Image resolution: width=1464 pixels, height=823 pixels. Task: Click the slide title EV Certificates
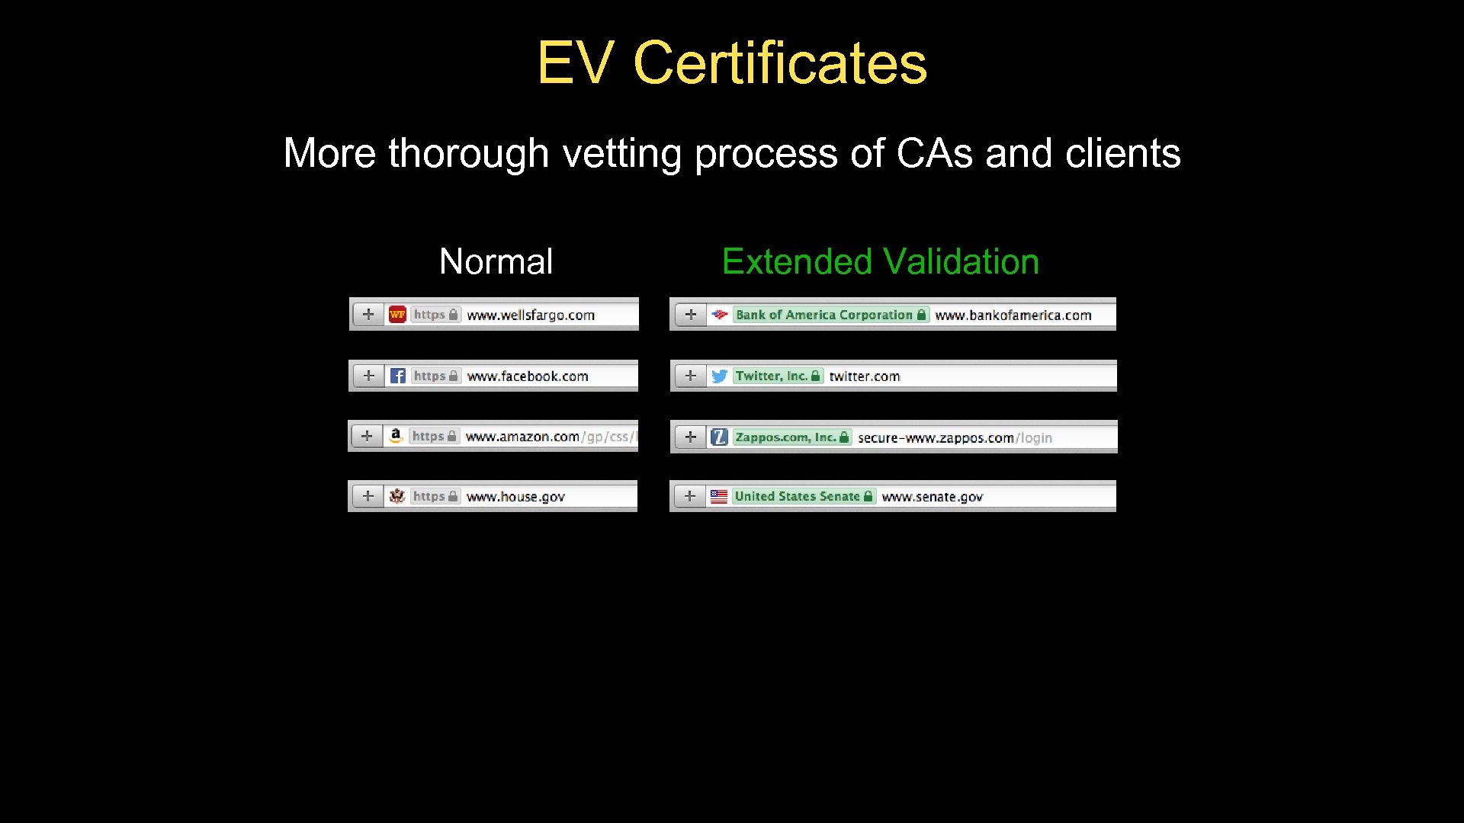point(732,62)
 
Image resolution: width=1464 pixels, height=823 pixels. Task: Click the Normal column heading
point(496,261)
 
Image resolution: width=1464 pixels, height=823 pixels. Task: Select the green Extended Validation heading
point(880,261)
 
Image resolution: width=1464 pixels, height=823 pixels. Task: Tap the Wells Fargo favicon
point(397,315)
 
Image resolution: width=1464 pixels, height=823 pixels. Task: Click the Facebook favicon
point(397,376)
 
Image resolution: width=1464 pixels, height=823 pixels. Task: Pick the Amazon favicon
point(395,436)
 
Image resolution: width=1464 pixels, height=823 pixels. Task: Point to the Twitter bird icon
point(719,376)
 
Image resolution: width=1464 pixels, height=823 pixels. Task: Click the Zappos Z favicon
point(719,437)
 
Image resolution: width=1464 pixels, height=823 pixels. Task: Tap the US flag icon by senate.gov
point(718,497)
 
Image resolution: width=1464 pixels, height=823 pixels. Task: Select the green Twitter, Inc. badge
point(777,376)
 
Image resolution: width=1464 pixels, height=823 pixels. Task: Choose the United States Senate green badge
point(803,496)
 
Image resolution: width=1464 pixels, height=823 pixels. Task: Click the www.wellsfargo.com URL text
point(531,315)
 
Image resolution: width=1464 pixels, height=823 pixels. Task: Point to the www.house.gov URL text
point(515,497)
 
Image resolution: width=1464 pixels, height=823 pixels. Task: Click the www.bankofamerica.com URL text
point(1013,315)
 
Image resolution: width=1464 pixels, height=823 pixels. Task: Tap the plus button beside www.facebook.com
point(369,376)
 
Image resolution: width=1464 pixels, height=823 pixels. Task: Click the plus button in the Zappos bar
point(691,437)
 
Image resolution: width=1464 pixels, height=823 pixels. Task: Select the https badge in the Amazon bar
point(434,436)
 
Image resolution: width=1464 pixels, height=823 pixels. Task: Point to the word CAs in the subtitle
point(934,153)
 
